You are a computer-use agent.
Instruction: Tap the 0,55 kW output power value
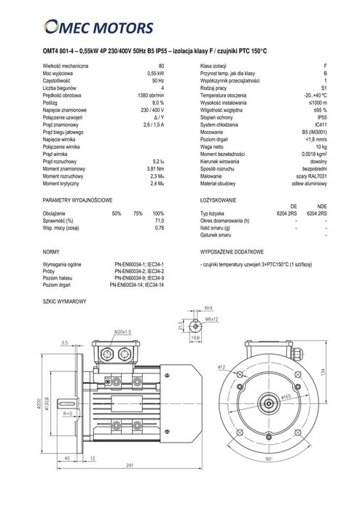coord(154,74)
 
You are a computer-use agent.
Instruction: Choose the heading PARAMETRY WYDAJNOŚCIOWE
coord(77,199)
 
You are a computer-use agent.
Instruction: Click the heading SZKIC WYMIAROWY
coord(65,301)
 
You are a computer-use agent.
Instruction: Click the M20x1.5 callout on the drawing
coord(121,333)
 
